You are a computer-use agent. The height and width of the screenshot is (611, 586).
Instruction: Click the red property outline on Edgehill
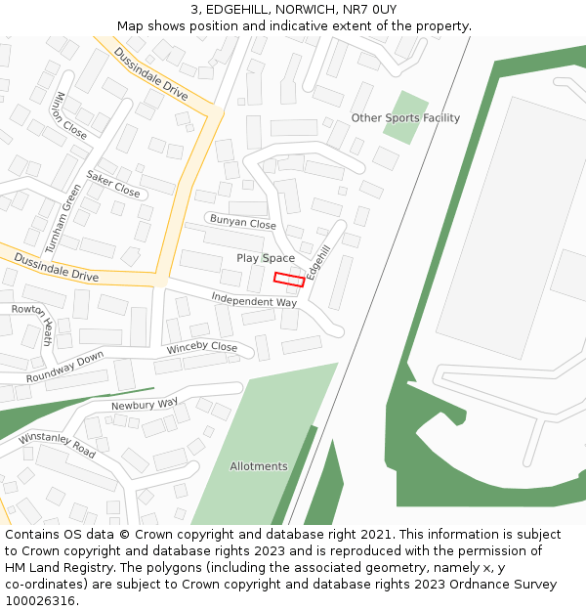[289, 280]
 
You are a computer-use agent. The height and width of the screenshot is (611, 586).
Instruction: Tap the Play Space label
[265, 258]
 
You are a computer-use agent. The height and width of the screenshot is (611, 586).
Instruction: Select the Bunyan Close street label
[243, 224]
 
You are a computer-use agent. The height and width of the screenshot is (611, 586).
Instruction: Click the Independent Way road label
[254, 301]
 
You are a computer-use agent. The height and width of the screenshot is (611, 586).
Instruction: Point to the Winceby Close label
[202, 347]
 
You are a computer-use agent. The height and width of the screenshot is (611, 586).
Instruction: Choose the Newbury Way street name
[145, 404]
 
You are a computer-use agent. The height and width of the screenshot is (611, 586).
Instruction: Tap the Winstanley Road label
[57, 445]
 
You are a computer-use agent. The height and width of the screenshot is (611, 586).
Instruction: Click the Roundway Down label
[64, 368]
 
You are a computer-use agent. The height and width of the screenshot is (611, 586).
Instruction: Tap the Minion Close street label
[71, 115]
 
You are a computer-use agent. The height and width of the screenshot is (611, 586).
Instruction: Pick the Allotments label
[259, 466]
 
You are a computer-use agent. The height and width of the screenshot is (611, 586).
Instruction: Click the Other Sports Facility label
[405, 118]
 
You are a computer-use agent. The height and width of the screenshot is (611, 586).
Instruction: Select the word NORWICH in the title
[305, 10]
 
